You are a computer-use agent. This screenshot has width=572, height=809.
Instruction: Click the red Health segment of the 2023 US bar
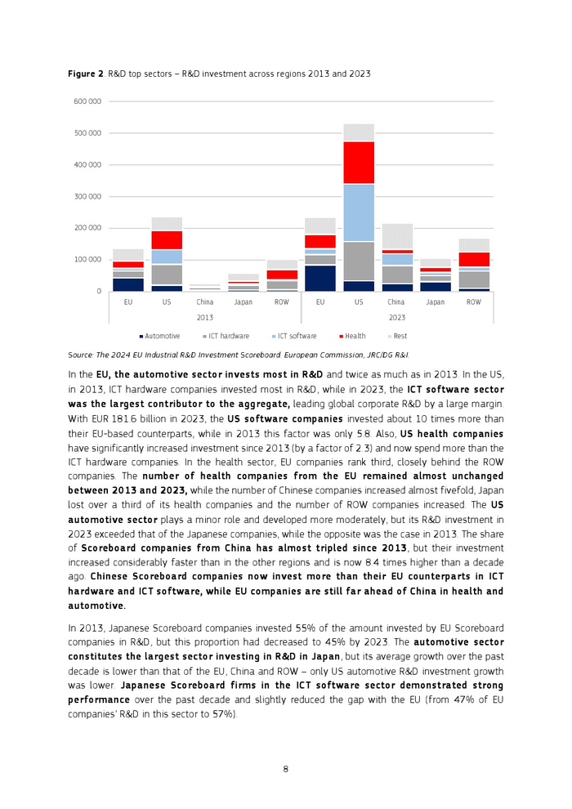[x=358, y=163]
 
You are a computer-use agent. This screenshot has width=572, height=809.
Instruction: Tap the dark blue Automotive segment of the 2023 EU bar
[x=320, y=278]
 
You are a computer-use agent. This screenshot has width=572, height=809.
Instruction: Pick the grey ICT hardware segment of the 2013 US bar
[x=167, y=275]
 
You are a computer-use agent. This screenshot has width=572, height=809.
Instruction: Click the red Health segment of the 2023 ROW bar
[x=473, y=259]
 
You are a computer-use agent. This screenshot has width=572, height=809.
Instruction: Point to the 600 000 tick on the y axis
[x=87, y=101]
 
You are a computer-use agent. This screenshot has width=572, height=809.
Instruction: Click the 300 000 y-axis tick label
[x=87, y=196]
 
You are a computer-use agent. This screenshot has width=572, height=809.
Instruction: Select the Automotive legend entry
[x=162, y=336]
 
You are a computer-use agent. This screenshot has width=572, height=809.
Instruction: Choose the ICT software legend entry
[x=296, y=336]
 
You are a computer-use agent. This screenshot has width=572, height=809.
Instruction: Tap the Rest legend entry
[x=399, y=336]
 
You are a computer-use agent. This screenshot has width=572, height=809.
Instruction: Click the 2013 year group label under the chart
[x=205, y=317]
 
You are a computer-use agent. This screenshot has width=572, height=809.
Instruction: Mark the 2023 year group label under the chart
[x=396, y=317]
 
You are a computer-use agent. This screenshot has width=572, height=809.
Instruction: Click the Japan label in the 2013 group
[x=243, y=302]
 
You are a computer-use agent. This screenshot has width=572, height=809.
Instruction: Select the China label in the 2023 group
[x=396, y=302]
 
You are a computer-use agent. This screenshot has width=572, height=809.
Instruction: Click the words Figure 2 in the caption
[x=85, y=74]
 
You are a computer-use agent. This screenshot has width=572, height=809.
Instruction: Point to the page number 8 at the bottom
[x=285, y=768]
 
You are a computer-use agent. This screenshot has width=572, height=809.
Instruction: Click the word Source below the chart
[x=82, y=355]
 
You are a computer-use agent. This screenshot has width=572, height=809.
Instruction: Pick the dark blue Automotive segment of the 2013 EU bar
[x=128, y=284]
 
